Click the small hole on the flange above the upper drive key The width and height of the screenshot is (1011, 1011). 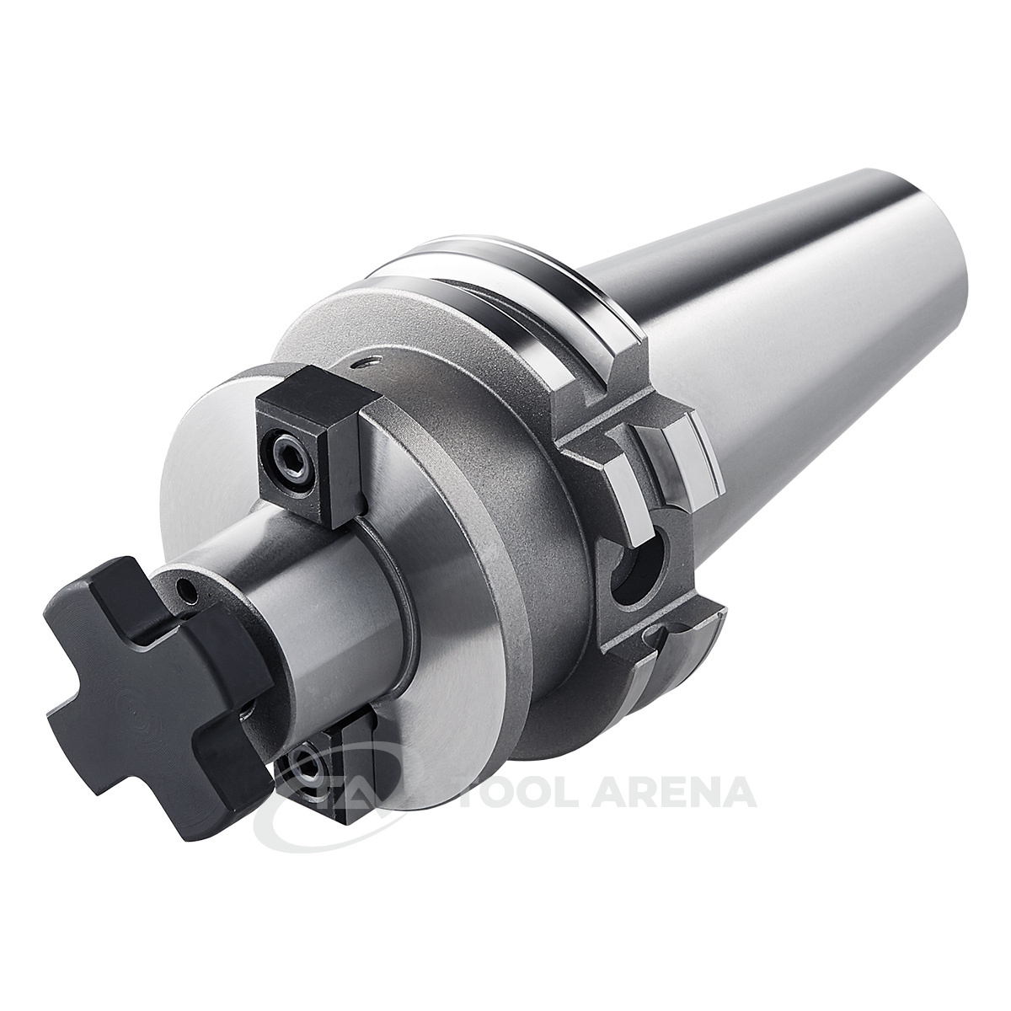(372, 361)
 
